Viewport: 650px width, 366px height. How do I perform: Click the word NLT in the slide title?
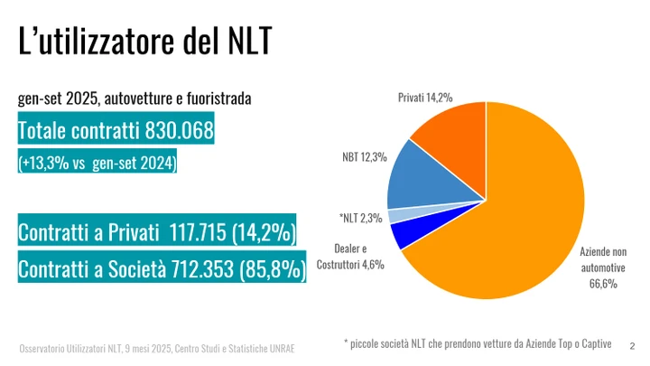pos(243,42)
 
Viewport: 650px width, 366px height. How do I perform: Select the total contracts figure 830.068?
pos(179,132)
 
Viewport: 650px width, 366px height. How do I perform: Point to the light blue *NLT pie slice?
pos(397,215)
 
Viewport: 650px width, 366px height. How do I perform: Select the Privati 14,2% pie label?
pos(425,97)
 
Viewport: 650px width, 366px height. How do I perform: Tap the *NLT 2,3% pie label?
pos(360,218)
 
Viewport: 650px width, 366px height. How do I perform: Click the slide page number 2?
pos(632,345)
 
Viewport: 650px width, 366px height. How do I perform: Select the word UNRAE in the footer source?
pos(280,349)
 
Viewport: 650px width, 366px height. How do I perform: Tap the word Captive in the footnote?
pos(592,343)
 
